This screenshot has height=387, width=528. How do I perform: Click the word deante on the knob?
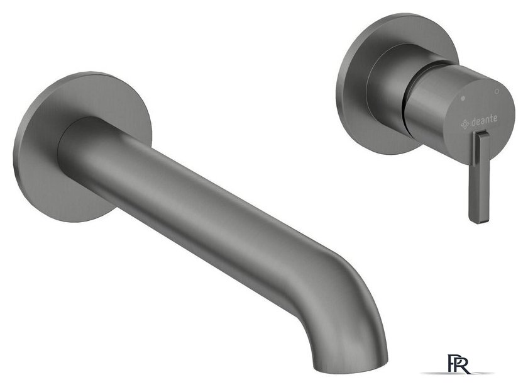coord(484,120)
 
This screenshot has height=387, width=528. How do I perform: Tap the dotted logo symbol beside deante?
coord(465,124)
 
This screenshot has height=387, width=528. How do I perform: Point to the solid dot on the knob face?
coord(463,98)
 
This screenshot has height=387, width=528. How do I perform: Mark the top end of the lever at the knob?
coord(482,133)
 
